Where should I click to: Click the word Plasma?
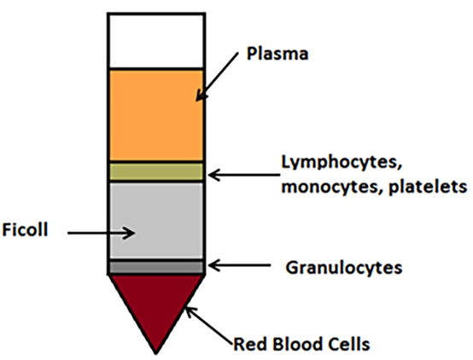(x=277, y=54)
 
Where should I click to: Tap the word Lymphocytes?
(x=342, y=163)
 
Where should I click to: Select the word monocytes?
(x=330, y=187)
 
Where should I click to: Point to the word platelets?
(x=428, y=186)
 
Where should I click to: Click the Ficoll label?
(x=25, y=229)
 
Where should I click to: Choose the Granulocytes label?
(x=344, y=268)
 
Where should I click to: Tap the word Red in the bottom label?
(x=251, y=344)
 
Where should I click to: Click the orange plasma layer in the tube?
(x=156, y=115)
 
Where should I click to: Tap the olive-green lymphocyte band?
(x=156, y=171)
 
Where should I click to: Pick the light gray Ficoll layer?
(x=156, y=220)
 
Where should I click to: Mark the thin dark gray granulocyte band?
(x=156, y=267)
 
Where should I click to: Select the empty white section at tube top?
(x=156, y=41)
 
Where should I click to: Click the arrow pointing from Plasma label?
(x=217, y=77)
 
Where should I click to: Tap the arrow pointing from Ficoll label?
(x=101, y=233)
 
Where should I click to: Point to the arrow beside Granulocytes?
(x=239, y=265)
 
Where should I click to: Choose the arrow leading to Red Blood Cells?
(x=208, y=325)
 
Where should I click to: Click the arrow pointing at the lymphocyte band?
(x=243, y=175)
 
